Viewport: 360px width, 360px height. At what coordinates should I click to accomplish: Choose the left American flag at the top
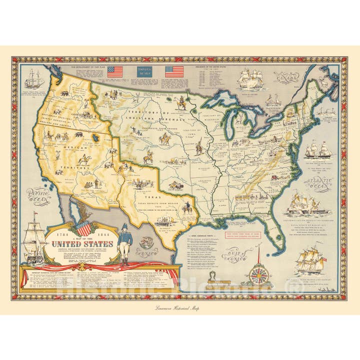click(114, 71)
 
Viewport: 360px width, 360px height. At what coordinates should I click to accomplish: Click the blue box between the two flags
click(144, 71)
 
